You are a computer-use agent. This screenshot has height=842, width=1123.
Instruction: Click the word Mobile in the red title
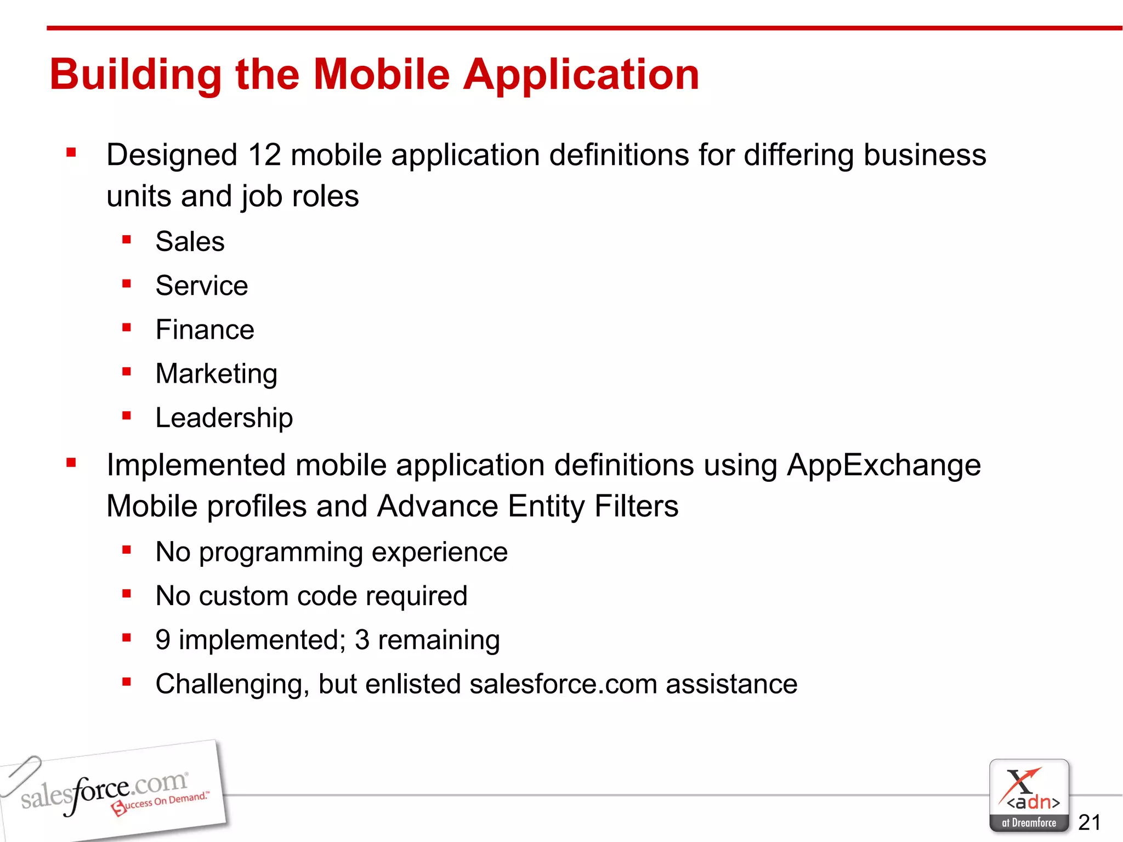(x=381, y=75)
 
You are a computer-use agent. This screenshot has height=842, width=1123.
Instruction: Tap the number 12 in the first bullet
(x=264, y=155)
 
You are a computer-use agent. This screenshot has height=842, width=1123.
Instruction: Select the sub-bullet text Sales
(x=190, y=242)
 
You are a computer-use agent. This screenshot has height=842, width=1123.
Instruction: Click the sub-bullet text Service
(x=201, y=286)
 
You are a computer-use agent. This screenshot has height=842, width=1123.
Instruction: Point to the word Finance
(x=205, y=330)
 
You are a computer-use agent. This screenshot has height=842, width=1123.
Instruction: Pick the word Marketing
(x=216, y=374)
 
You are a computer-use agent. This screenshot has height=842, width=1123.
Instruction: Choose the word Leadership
(x=224, y=418)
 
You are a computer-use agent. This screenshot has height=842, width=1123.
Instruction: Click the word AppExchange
(x=883, y=465)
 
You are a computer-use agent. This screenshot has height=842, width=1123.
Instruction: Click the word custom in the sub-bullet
(x=243, y=596)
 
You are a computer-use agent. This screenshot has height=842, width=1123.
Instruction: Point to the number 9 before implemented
(x=163, y=640)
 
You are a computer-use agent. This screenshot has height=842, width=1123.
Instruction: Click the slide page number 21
(x=1089, y=822)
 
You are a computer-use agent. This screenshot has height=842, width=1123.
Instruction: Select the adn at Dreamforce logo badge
(x=1029, y=795)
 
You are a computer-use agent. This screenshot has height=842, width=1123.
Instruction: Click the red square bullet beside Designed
(x=71, y=152)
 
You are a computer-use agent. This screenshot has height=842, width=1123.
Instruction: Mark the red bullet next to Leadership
(x=127, y=416)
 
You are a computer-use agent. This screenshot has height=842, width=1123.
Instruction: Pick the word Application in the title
(x=581, y=75)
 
